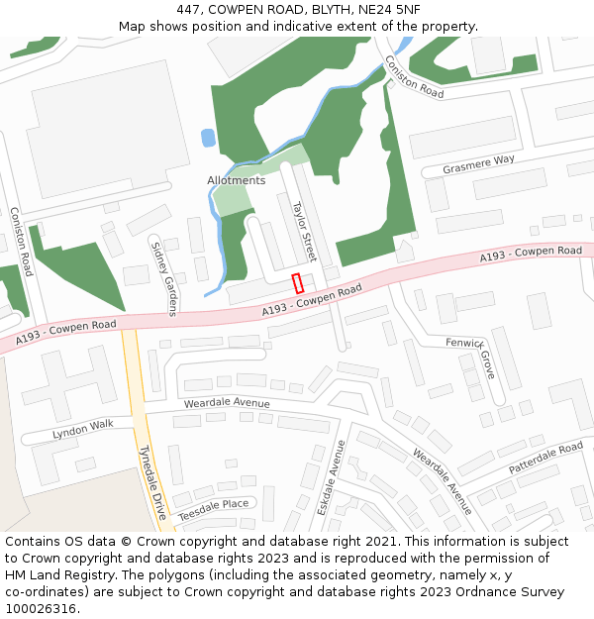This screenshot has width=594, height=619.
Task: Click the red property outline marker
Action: [297, 282]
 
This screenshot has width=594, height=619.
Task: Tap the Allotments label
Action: [236, 181]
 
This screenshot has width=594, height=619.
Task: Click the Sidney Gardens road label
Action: [162, 276]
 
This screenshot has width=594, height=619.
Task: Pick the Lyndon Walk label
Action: [83, 430]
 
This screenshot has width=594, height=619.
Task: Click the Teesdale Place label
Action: [213, 503]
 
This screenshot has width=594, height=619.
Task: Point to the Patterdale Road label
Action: [545, 457]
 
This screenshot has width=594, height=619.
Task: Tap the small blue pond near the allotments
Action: [208, 138]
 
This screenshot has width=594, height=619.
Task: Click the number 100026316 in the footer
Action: [41, 608]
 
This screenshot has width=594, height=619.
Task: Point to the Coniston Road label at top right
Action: [415, 76]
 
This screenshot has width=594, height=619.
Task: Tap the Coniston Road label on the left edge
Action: [21, 241]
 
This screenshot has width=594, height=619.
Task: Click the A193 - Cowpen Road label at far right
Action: [531, 254]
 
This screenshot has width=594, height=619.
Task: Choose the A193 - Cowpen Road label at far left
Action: [65, 331]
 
